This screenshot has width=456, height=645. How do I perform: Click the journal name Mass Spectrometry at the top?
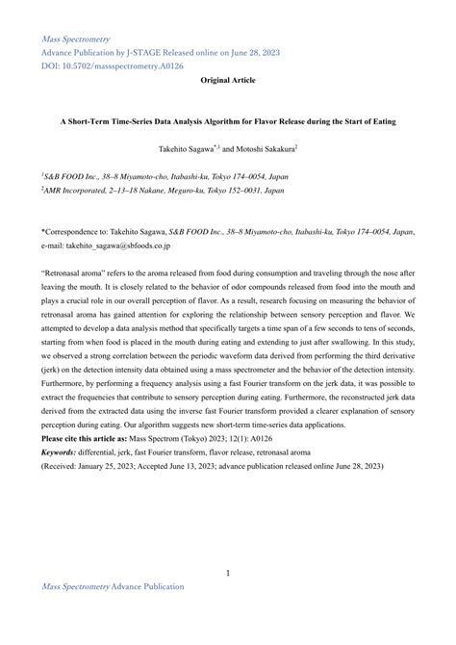(73, 39)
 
